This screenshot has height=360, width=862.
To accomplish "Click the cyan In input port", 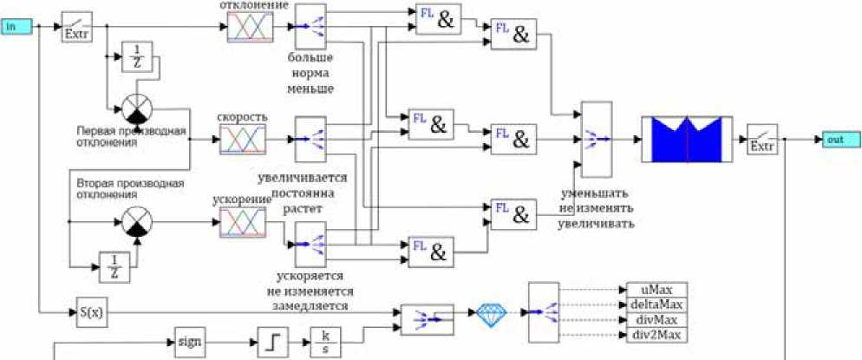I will tap(16, 27).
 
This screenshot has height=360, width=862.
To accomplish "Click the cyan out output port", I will tap(841, 140).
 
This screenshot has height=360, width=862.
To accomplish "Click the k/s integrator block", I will tap(324, 341).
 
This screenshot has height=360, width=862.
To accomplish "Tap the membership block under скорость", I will tap(243, 139).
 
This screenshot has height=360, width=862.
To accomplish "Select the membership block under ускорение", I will tap(243, 222).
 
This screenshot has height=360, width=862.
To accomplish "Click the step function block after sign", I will tap(271, 341).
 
